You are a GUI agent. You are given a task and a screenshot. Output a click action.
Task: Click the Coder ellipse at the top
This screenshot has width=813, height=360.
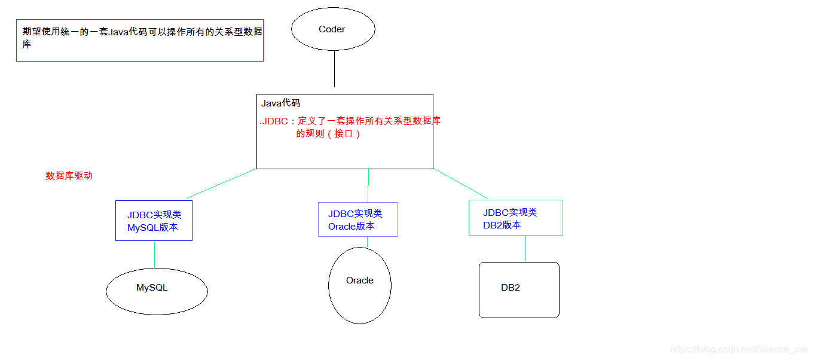(x=333, y=29)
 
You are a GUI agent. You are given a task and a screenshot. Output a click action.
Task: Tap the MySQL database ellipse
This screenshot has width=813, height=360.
(x=157, y=291)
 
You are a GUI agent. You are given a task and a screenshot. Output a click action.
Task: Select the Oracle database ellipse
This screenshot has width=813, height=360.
(x=360, y=285)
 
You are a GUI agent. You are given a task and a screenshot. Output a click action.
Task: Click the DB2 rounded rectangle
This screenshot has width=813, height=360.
(x=519, y=289)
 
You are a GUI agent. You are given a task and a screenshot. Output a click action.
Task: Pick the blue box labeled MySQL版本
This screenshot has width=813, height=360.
(x=154, y=221)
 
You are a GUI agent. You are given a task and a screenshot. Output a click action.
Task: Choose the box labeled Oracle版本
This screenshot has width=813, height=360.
(x=357, y=219)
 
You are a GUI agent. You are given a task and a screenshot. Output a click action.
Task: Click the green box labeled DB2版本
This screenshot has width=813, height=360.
(x=515, y=218)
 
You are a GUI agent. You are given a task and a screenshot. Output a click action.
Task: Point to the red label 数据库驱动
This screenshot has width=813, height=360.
(x=69, y=176)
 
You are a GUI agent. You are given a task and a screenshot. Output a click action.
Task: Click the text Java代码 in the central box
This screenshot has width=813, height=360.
(x=280, y=103)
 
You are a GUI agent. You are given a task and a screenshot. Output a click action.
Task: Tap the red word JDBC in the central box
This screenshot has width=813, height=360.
(x=275, y=121)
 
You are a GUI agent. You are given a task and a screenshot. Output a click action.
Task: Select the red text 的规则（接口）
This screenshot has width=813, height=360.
(x=328, y=133)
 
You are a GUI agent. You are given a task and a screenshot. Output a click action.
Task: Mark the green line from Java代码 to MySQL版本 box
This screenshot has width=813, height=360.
(x=221, y=184)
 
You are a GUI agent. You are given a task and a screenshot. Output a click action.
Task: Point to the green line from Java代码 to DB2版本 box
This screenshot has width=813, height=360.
(x=461, y=184)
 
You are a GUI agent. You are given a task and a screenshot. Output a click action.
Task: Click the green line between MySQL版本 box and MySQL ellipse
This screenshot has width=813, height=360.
(x=154, y=255)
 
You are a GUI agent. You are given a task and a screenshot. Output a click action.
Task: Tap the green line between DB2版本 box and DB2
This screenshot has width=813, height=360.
(x=525, y=249)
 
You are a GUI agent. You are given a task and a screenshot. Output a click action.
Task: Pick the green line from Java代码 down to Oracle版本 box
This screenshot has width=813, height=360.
(x=368, y=185)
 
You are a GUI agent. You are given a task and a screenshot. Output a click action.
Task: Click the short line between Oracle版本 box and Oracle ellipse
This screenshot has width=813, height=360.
(x=367, y=242)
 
